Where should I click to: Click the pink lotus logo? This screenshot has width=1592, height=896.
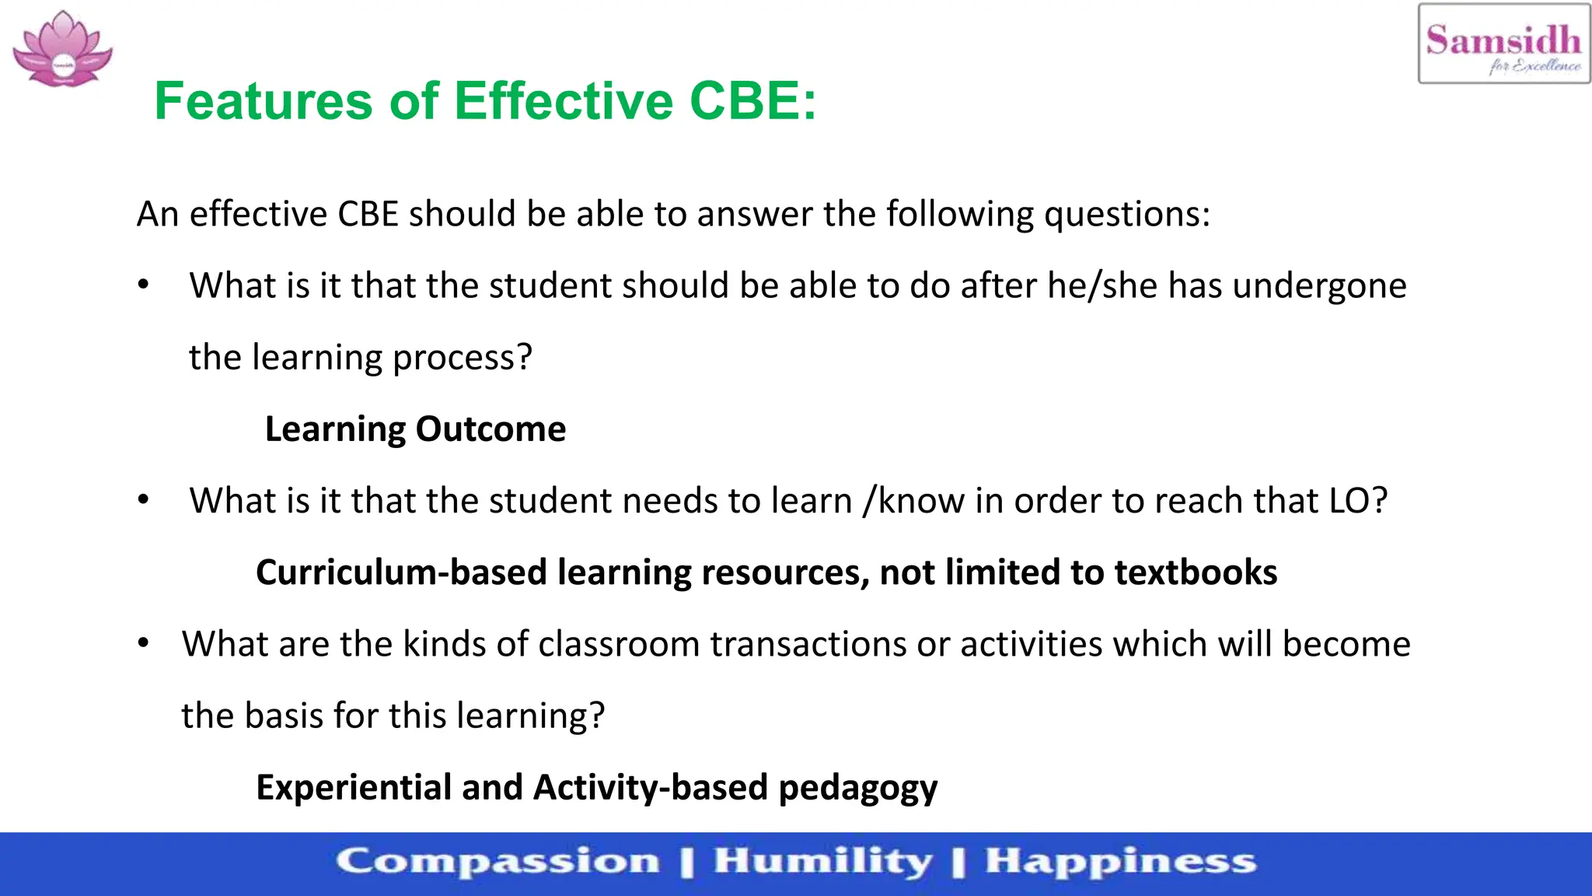62,49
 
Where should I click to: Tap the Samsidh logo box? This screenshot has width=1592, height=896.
1503,44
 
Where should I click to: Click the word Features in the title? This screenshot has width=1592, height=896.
264,101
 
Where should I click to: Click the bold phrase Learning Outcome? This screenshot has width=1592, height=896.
415,429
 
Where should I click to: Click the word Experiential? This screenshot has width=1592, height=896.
354,787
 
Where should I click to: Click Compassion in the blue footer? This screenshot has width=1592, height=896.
497,862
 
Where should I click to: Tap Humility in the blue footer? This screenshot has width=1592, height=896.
822,862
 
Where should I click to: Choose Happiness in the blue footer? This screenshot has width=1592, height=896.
1120,862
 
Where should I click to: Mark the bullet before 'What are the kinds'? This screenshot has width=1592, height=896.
143,643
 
